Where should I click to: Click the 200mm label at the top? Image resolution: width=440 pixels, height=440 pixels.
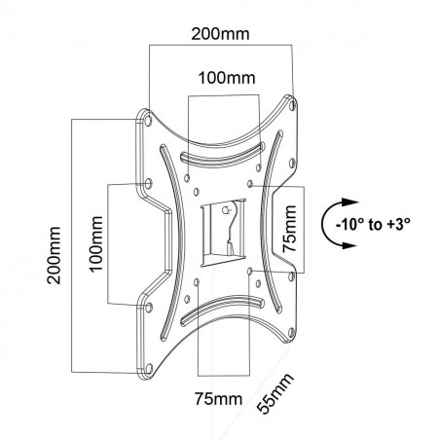[219, 34]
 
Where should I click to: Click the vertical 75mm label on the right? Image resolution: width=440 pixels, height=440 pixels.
[289, 229]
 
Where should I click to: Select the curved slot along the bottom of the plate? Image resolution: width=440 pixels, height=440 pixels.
[222, 312]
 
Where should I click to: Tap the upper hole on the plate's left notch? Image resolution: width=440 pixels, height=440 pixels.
[147, 183]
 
